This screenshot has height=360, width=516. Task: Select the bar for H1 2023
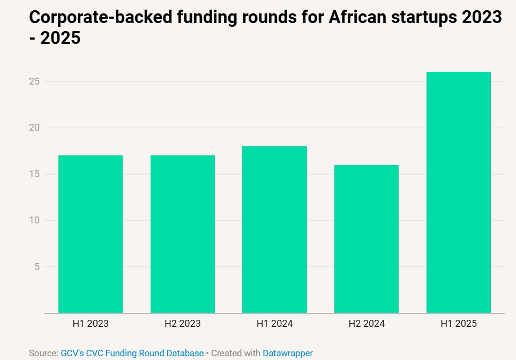91,234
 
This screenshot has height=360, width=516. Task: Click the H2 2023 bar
182,234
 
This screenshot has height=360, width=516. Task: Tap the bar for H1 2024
274,229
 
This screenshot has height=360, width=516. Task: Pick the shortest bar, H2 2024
367,239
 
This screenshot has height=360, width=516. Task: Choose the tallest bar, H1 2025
459,192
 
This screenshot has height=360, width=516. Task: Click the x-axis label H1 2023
91,324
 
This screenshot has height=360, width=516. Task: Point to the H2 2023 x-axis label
182,324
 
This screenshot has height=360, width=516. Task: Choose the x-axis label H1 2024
274,324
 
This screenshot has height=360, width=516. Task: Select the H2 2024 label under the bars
367,324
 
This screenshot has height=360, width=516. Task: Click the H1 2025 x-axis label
459,324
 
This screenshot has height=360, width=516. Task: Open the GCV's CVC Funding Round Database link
132,353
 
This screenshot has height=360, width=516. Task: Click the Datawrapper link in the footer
288,353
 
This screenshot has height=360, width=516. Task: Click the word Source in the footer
42,353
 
